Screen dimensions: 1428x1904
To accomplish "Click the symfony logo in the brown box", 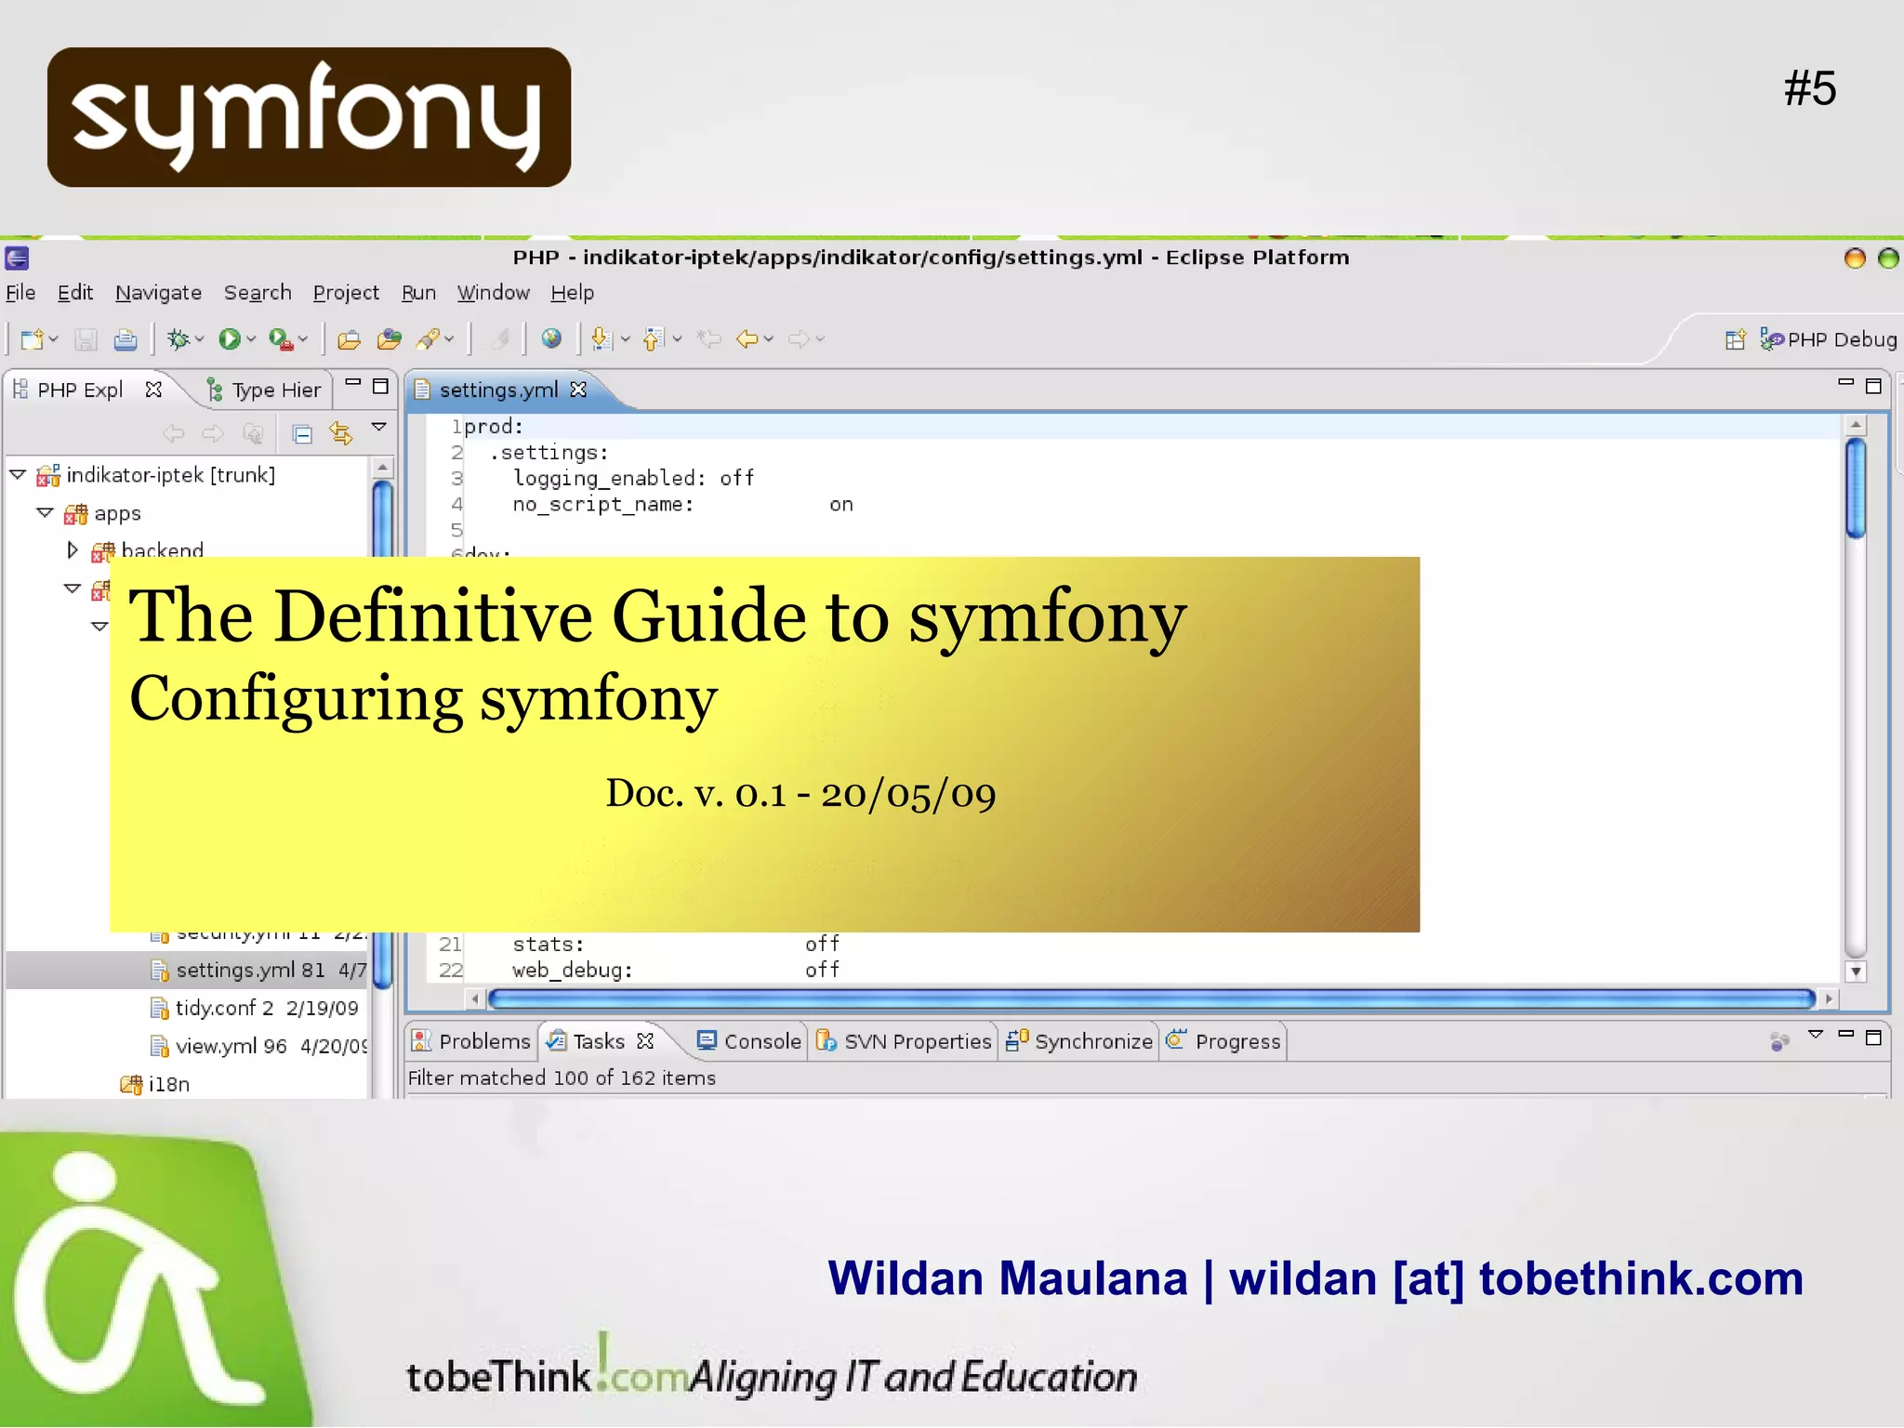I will [309, 117].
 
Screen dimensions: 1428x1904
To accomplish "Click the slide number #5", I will [1809, 89].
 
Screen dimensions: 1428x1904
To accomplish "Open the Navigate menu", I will [158, 293].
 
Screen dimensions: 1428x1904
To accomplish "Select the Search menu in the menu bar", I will [258, 293].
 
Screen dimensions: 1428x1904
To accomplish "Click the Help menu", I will [572, 293].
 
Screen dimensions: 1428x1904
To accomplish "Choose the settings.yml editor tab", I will [498, 390].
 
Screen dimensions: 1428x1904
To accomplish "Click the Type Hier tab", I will [275, 390].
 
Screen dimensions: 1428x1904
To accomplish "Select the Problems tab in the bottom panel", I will [483, 1041].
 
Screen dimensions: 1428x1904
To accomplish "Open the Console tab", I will [761, 1041].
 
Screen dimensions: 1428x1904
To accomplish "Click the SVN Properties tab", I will [917, 1041].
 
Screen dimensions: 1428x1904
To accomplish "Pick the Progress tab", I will [1236, 1041].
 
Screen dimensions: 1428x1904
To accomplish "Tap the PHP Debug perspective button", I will [1841, 339].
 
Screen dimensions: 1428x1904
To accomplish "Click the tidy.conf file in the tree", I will [224, 1008].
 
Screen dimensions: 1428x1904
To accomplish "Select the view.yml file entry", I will [216, 1046].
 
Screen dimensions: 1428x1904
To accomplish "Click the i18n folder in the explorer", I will [168, 1084].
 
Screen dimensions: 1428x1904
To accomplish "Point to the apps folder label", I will [117, 513].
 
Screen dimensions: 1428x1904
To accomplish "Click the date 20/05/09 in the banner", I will [907, 794].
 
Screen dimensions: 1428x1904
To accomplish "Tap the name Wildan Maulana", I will [1008, 1278].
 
